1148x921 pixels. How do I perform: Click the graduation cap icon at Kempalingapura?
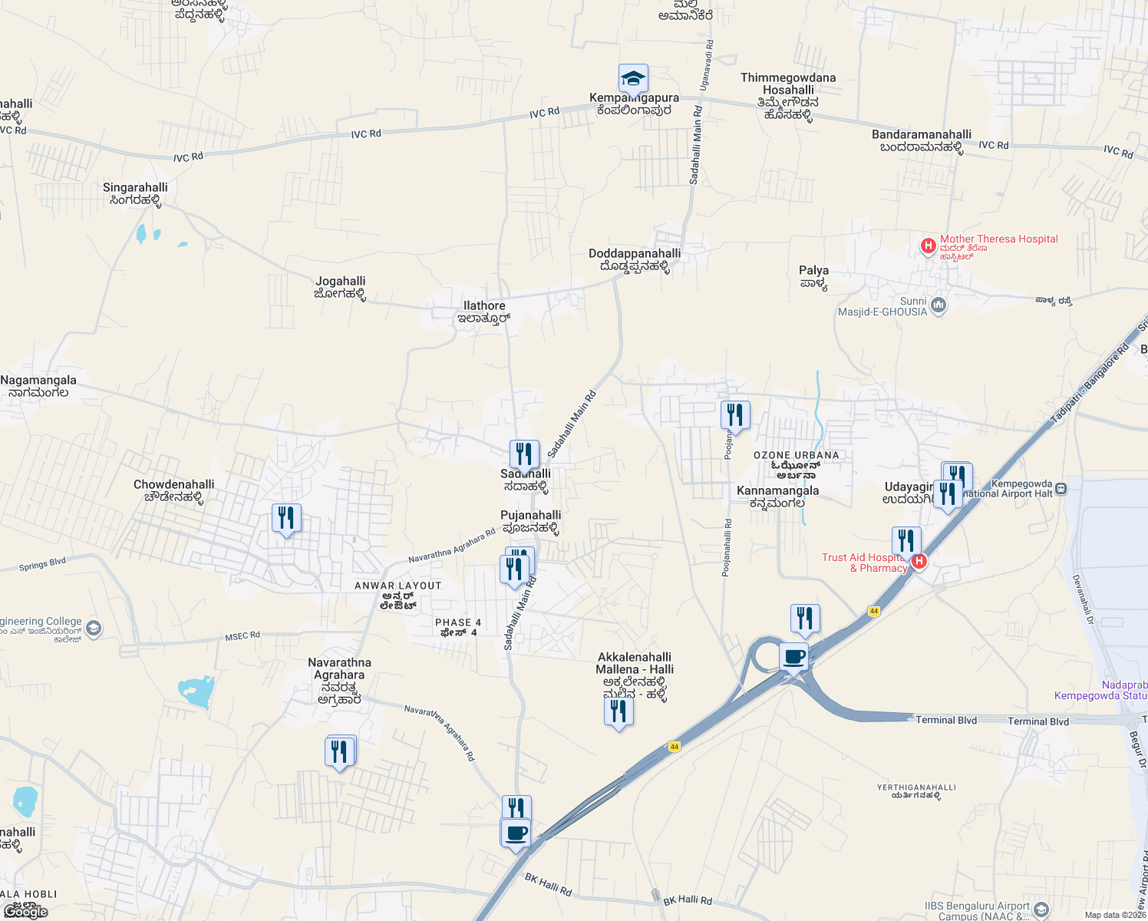pyautogui.click(x=633, y=78)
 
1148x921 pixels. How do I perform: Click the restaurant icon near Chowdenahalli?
pyautogui.click(x=286, y=519)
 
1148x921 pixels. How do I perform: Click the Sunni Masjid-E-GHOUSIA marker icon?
pyautogui.click(x=938, y=306)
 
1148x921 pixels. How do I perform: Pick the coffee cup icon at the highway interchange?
pyautogui.click(x=794, y=658)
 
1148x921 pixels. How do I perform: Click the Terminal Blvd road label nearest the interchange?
pyautogui.click(x=946, y=720)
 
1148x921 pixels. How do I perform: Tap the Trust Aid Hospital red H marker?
pyautogui.click(x=919, y=562)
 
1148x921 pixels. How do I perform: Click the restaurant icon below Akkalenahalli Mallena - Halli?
pyautogui.click(x=619, y=711)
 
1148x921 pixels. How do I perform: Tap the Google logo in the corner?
pyautogui.click(x=25, y=912)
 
